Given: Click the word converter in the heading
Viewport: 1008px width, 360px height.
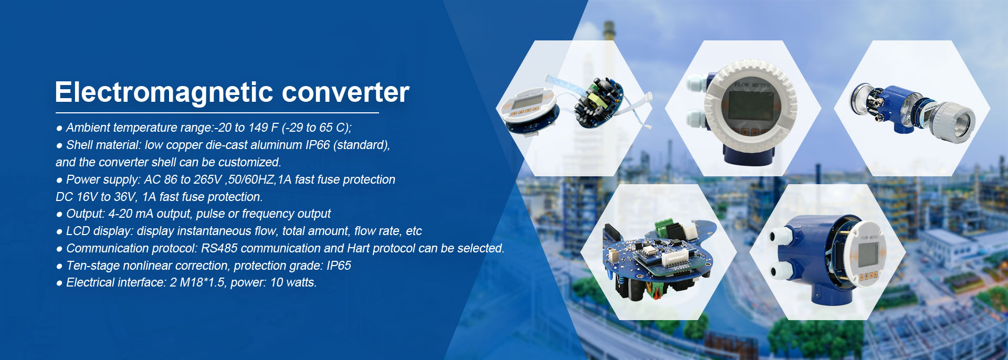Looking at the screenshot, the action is pyautogui.click(x=345, y=92).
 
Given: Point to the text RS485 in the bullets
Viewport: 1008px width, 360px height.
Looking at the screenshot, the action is pyautogui.click(x=219, y=248).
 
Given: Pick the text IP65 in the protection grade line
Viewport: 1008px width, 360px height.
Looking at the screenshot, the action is pyautogui.click(x=339, y=266).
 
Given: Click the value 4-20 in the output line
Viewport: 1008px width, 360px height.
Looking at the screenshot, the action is pyautogui.click(x=120, y=214).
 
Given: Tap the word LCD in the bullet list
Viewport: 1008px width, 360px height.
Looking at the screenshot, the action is pyautogui.click(x=78, y=231).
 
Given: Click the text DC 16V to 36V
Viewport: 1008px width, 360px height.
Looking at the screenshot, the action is pyautogui.click(x=97, y=197).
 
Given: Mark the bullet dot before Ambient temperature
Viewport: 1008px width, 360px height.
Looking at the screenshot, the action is pyautogui.click(x=59, y=128).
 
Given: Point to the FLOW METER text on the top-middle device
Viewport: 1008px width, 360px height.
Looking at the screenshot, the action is pyautogui.click(x=752, y=84).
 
